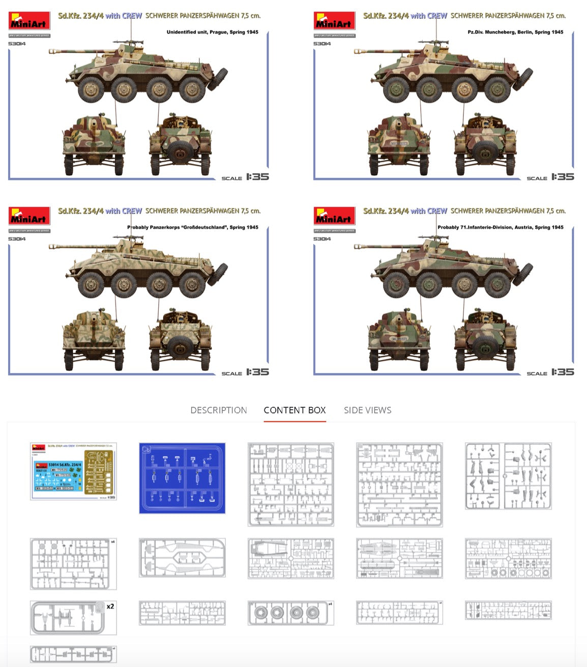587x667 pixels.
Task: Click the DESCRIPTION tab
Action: click(x=218, y=410)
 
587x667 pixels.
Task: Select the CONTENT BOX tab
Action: click(x=295, y=410)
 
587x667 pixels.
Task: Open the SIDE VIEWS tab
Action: click(x=367, y=410)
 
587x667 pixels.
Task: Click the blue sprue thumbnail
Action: click(x=182, y=478)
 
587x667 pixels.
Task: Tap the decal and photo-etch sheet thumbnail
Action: click(x=73, y=471)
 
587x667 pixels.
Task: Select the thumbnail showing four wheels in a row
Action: click(x=290, y=613)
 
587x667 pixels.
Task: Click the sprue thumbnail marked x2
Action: click(x=73, y=618)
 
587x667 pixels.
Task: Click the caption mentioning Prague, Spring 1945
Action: click(x=212, y=32)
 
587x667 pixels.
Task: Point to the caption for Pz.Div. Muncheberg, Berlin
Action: click(x=515, y=32)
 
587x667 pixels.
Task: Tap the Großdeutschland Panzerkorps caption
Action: click(x=192, y=227)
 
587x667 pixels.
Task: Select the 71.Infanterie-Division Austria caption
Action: click(x=500, y=227)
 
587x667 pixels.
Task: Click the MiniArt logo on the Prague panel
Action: click(x=29, y=21)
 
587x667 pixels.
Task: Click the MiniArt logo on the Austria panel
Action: click(x=334, y=216)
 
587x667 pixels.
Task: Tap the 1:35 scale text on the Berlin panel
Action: click(x=562, y=177)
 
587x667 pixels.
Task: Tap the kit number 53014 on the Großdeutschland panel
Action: click(x=17, y=239)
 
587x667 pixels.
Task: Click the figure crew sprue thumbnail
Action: click(x=508, y=476)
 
